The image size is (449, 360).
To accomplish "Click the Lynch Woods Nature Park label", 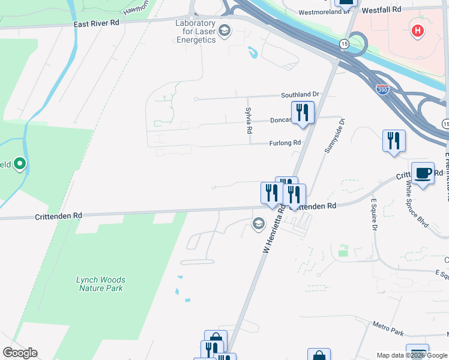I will pos(101,284).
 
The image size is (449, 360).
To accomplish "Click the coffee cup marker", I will pos(423,173).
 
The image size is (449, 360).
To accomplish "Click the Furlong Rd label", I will pos(285,143).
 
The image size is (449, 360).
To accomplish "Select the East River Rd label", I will pos(97,22).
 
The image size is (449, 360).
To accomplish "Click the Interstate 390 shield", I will pos(382,89).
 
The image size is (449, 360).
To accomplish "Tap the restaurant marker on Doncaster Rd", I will pos(303,112).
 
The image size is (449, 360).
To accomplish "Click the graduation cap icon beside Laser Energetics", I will pos(224,31).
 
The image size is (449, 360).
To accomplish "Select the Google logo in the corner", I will pos(20,353).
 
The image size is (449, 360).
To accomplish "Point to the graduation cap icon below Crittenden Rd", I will pos(259,224).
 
